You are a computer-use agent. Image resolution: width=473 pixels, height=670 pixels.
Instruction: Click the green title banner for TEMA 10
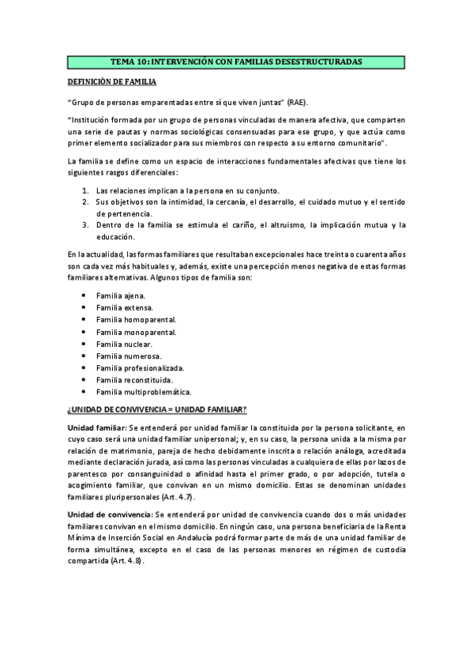pyautogui.click(x=236, y=61)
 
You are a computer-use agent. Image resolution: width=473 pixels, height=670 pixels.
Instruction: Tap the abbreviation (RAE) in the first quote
pyautogui.click(x=298, y=103)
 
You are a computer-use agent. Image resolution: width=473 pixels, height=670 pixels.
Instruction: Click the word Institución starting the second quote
pyautogui.click(x=92, y=119)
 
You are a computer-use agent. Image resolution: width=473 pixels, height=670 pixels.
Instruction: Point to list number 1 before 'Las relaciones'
pyautogui.click(x=85, y=190)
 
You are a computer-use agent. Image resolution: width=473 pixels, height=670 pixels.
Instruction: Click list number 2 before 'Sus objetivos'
pyautogui.click(x=85, y=202)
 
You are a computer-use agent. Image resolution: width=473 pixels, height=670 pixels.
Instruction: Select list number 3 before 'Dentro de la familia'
pyautogui.click(x=85, y=225)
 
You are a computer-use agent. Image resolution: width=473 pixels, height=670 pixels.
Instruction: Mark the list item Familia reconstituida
pyautogui.click(x=134, y=380)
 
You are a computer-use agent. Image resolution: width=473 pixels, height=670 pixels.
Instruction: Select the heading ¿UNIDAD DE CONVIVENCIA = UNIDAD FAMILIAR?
pyautogui.click(x=157, y=409)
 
